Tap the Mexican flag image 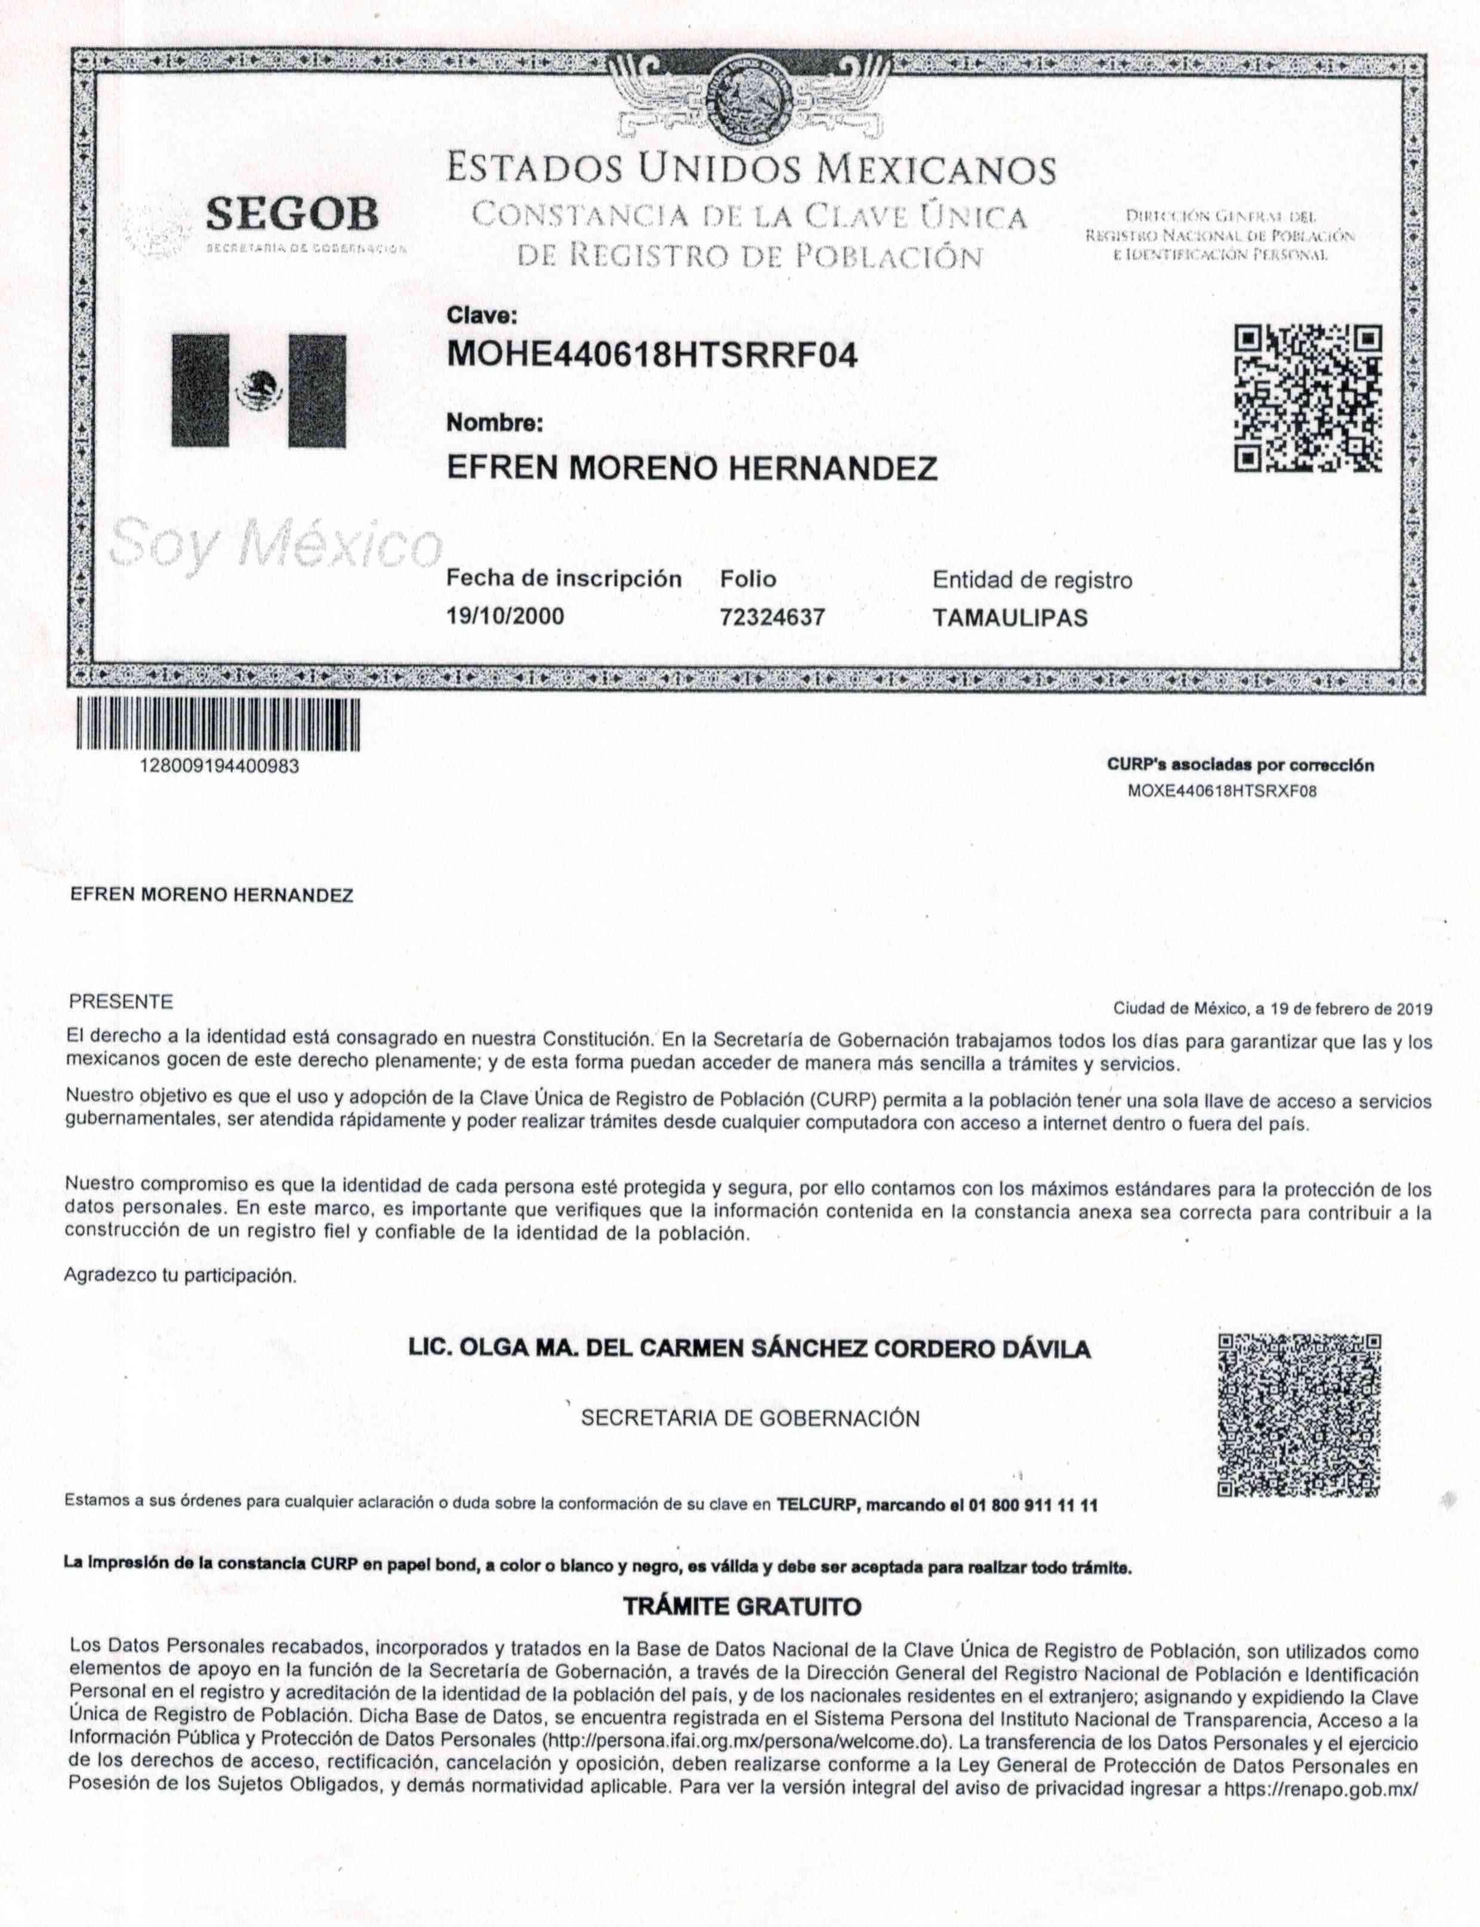pos(258,390)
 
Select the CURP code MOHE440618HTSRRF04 pos(652,355)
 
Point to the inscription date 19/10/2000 pos(505,616)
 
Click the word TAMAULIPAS pos(1010,618)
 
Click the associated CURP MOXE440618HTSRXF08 pos(1222,791)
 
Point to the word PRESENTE pos(121,1002)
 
